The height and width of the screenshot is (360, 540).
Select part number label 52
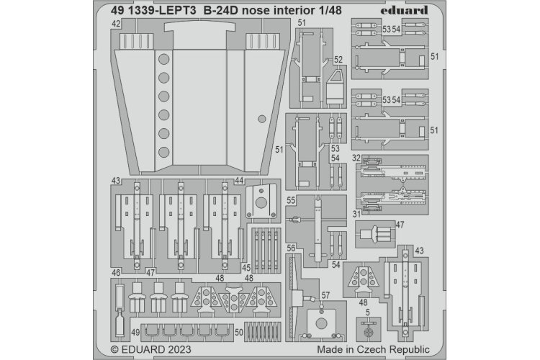pyautogui.click(x=338, y=60)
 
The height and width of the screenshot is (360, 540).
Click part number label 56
pyautogui.click(x=291, y=248)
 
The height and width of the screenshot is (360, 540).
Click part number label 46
pyautogui.click(x=116, y=274)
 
